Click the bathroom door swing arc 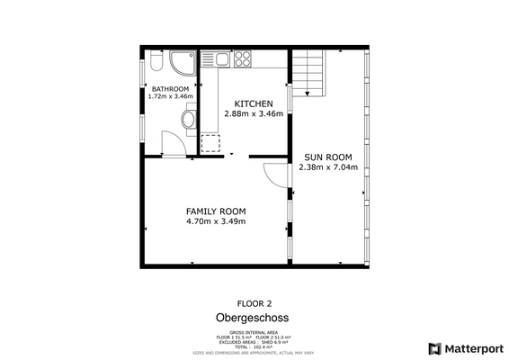click(x=171, y=140)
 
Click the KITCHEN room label click(x=254, y=103)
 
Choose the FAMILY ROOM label click(x=216, y=211)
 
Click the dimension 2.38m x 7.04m click(x=327, y=166)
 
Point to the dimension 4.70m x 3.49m click(x=216, y=221)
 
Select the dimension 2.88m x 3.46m click(x=254, y=114)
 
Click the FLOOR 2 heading click(x=254, y=303)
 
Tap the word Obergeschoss click(x=253, y=318)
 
